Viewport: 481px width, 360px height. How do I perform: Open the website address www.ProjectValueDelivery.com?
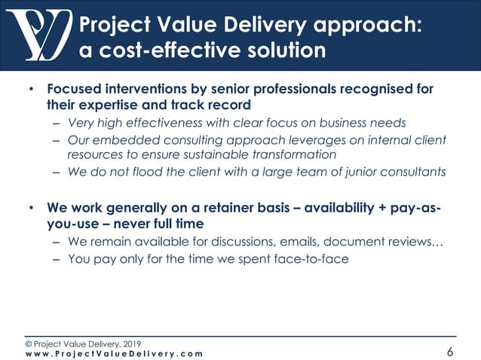(x=113, y=353)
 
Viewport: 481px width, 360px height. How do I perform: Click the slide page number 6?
(x=450, y=352)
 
